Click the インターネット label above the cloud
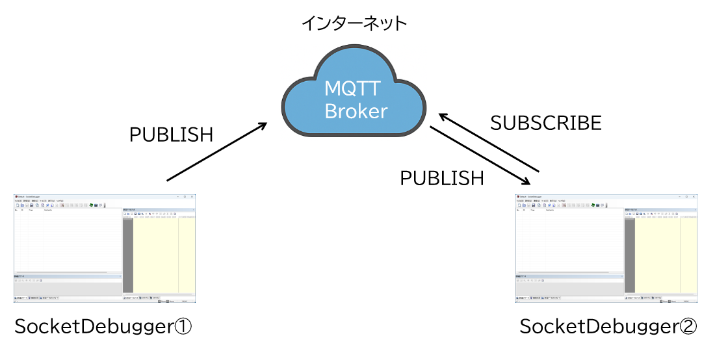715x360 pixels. point(354,24)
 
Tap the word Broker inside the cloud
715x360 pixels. point(356,111)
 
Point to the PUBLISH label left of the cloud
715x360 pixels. point(171,135)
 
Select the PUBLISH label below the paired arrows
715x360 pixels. point(441,178)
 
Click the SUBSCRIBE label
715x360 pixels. point(545,123)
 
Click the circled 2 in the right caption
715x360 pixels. point(688,326)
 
